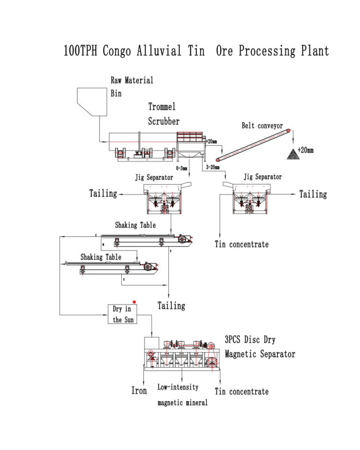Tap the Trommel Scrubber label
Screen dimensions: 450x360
(164, 114)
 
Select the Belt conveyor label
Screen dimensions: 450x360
(262, 126)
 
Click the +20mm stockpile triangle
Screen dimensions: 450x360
(293, 153)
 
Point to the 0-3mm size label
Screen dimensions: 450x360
(181, 168)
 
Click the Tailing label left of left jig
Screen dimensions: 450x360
(103, 193)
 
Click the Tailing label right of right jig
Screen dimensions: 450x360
(313, 194)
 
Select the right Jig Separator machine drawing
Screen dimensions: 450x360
(252, 199)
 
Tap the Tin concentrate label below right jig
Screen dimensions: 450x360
(241, 244)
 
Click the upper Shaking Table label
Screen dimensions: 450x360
(135, 225)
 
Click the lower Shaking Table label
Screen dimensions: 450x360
(100, 257)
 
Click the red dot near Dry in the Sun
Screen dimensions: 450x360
(134, 302)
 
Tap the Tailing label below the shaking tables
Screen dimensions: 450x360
(171, 306)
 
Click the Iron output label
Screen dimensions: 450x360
(139, 390)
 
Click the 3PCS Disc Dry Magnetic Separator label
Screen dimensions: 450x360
(260, 347)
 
